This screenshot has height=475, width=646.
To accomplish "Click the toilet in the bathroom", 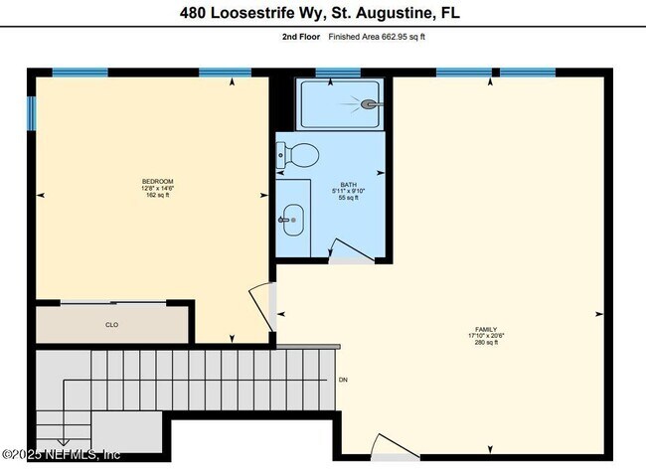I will click(x=299, y=154).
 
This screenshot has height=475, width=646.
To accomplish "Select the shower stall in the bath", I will click(x=340, y=104).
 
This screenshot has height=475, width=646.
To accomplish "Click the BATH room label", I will click(x=348, y=184).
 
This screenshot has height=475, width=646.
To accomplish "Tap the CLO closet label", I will click(x=112, y=324).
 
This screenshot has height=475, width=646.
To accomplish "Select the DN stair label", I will click(x=343, y=380).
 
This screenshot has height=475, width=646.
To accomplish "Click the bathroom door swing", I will click(x=348, y=250).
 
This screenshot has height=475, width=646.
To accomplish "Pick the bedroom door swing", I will click(x=260, y=303).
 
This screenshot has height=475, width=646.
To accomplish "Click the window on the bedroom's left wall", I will click(x=32, y=110).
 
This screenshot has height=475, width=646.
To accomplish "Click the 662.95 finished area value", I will click(x=388, y=37).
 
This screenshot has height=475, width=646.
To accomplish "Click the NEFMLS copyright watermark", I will click(x=62, y=454).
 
